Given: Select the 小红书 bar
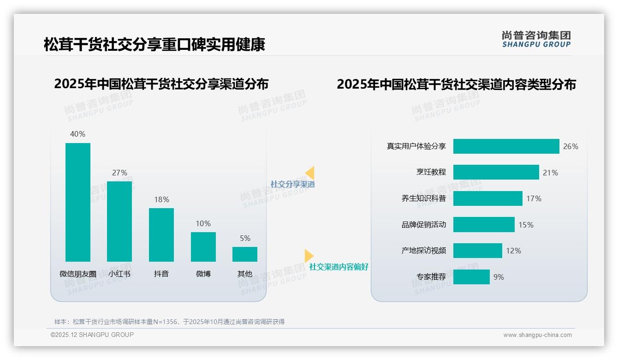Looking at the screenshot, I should tap(119, 222).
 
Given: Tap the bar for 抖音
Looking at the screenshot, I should tap(161, 235).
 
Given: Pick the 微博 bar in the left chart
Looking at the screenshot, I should tap(203, 247).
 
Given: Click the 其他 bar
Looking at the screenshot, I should tap(245, 254).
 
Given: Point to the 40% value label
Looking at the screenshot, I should tap(77, 134).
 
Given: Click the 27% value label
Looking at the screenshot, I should tap(119, 173).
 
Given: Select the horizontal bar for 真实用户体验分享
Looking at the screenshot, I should tap(506, 146).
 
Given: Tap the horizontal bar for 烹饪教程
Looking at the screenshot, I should tap(496, 172).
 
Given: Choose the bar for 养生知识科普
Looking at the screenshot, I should tap(487, 198).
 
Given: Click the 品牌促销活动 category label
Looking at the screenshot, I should tap(423, 225).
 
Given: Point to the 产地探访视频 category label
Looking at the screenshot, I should tap(423, 251).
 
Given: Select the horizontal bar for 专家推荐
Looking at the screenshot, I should tap(471, 277).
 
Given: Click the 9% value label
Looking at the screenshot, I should tap(499, 277).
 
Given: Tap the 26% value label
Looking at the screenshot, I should tap(570, 146).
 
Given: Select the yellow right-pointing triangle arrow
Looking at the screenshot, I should tap(309, 256).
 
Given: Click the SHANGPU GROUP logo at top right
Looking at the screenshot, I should tap(536, 39).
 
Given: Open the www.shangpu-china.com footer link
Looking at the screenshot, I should tap(537, 335).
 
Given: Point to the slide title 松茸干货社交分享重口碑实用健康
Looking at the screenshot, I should tap(154, 45).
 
